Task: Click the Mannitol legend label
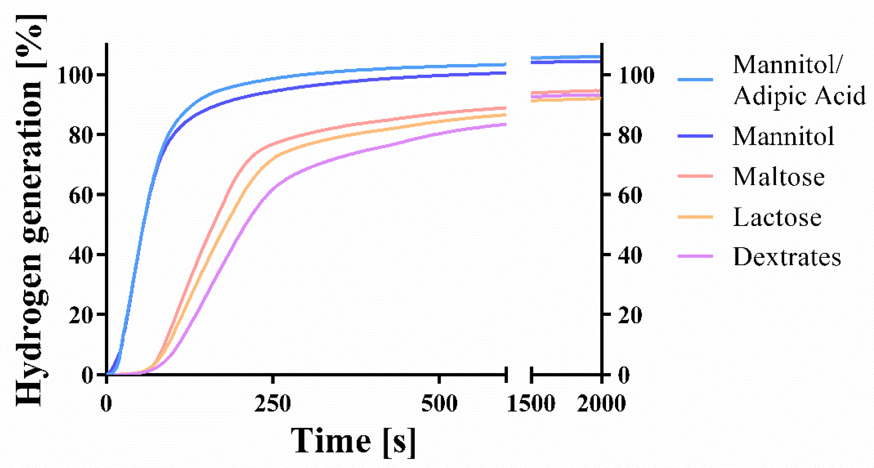coord(783,136)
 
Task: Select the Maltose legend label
coord(778,177)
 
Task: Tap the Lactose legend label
coord(777,217)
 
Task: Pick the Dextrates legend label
coord(787,257)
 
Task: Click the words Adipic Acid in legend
coord(799,96)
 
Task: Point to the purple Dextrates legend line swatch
coord(695,256)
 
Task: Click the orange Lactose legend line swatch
coord(695,216)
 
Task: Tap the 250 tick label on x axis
coord(273,404)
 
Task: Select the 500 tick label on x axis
coord(439,404)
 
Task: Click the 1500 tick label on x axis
coord(531,404)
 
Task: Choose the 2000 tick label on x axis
coord(601,404)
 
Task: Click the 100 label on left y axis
coord(75,75)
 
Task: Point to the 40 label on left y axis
coord(81,255)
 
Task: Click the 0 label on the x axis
coord(106,404)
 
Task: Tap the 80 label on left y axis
coord(81,135)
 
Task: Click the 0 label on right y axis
coord(624,375)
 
